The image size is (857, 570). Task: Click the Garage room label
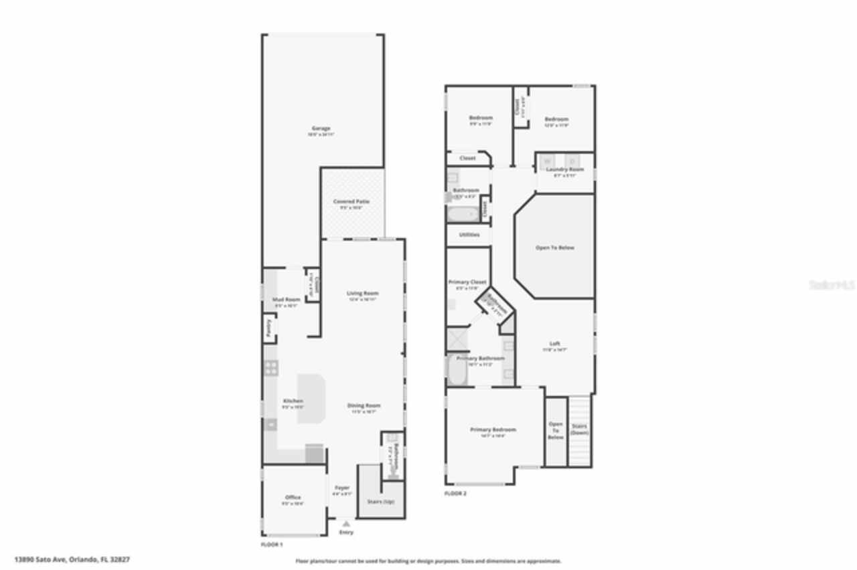click(321, 128)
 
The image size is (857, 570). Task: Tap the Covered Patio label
click(351, 201)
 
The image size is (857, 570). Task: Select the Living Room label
click(363, 294)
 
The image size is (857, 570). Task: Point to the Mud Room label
click(287, 300)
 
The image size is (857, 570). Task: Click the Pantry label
click(267, 328)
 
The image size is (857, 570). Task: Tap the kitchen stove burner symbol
click(271, 367)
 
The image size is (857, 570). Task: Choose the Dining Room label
click(364, 405)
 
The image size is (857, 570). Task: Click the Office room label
click(293, 498)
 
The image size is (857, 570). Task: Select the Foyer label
click(342, 488)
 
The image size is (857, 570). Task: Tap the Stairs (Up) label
click(380, 500)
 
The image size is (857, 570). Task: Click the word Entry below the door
click(346, 533)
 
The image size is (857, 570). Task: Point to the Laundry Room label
click(565, 170)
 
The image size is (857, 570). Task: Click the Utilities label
click(469, 235)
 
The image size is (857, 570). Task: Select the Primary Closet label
click(471, 282)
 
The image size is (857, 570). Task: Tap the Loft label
click(554, 344)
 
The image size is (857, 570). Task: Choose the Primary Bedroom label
click(493, 430)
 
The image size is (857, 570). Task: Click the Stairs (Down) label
click(579, 429)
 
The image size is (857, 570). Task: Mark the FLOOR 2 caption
click(455, 493)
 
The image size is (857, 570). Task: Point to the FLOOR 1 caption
click(272, 545)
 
